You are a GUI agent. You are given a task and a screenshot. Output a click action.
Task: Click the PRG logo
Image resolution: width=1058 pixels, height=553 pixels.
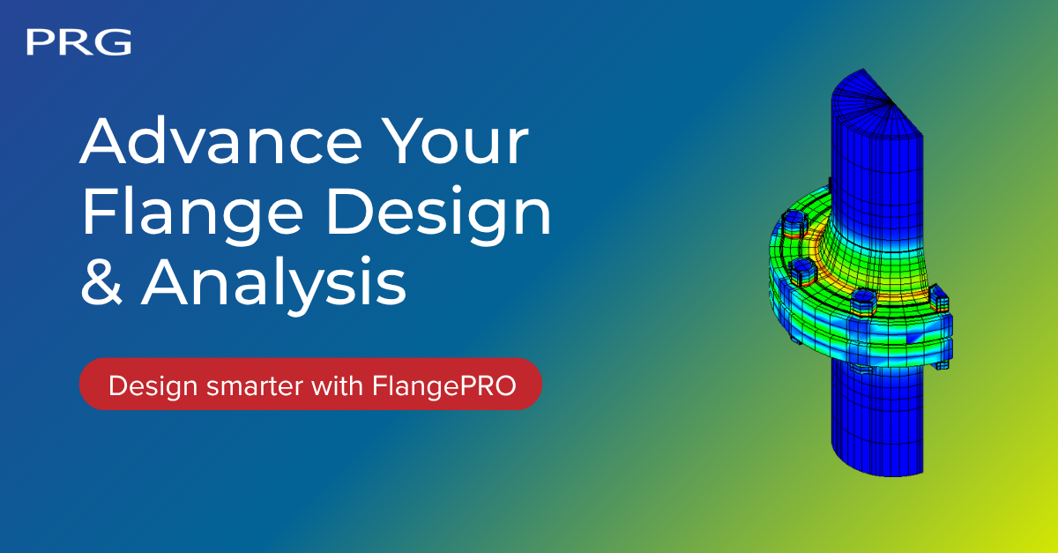point(78,42)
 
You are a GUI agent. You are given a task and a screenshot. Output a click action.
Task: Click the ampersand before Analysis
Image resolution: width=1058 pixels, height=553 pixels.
point(101,281)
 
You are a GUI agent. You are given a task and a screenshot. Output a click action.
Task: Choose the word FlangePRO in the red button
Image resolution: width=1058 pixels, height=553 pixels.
point(444,386)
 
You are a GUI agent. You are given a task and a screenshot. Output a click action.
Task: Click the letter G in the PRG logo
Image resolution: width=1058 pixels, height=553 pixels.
point(115,42)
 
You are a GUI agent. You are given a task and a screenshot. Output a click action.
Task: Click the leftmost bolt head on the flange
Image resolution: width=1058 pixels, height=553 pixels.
point(794,225)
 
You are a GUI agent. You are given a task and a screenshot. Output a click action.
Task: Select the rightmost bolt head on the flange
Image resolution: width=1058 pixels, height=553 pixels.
point(940,298)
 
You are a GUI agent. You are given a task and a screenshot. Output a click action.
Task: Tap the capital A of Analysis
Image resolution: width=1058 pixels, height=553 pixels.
point(167,281)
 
